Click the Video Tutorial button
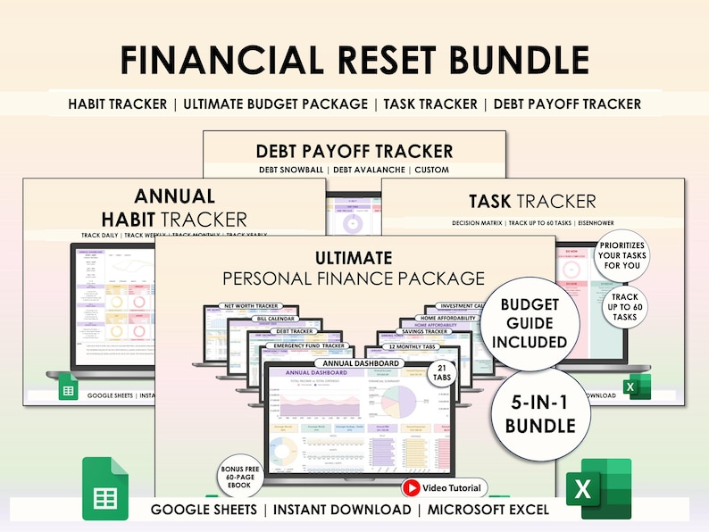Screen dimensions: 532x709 coord(445,488)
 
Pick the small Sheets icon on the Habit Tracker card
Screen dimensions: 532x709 coord(68,387)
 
